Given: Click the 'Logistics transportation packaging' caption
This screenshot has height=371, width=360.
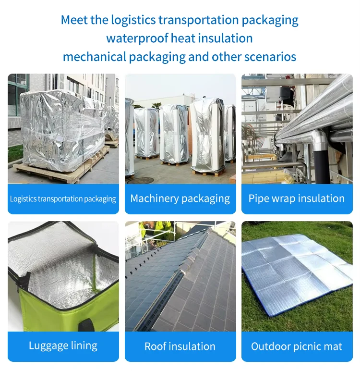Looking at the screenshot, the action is (63, 198).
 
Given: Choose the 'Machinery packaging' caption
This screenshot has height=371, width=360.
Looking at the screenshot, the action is (180, 198).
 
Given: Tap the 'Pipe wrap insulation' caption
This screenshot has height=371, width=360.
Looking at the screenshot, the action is (297, 198).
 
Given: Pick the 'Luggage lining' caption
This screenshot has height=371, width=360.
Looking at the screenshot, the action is (63, 346).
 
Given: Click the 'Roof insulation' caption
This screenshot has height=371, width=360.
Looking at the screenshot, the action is (180, 346).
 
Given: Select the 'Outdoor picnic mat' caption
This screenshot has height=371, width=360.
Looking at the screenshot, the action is (297, 346).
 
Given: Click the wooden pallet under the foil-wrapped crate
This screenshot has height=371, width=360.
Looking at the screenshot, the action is (58, 171).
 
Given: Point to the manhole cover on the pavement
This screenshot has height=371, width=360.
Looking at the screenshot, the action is (141, 180).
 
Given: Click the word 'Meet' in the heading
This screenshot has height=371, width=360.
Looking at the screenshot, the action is (74, 20).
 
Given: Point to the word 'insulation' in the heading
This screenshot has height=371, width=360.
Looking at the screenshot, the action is (226, 38).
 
